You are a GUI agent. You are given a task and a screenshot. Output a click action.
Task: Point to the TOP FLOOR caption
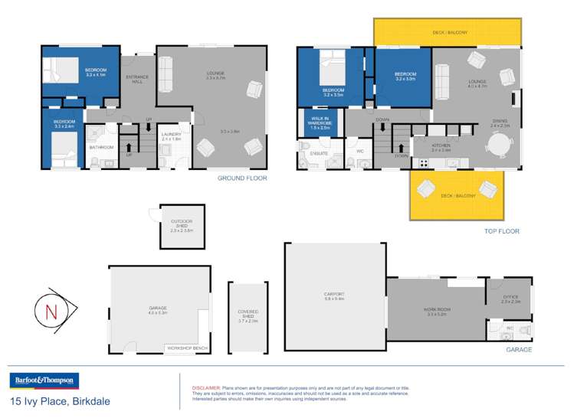tap(502, 230)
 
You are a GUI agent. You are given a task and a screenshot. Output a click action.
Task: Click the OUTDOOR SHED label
tap(182, 226)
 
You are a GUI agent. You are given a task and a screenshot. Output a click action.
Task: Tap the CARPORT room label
tap(334, 295)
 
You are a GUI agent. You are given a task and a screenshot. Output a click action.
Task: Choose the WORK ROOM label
tap(436, 311)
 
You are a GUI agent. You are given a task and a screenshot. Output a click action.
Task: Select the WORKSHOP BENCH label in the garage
tap(186, 348)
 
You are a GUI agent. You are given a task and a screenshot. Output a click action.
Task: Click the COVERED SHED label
tap(248, 315)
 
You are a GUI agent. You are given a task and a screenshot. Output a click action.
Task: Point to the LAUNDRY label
tap(171, 136)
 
